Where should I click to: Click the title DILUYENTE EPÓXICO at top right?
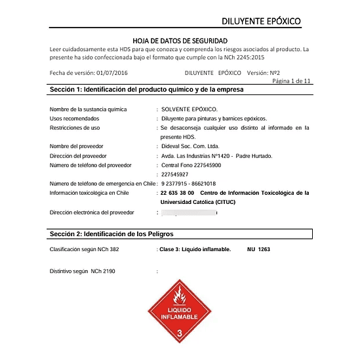261,21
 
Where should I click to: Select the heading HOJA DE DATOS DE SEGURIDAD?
180,41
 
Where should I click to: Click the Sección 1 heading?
146,89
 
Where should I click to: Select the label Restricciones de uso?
75,128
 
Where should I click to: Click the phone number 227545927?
174,174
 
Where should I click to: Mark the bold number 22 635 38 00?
177,193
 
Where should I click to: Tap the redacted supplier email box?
190,213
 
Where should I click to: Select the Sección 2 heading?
111,233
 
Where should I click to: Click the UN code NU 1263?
258,250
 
